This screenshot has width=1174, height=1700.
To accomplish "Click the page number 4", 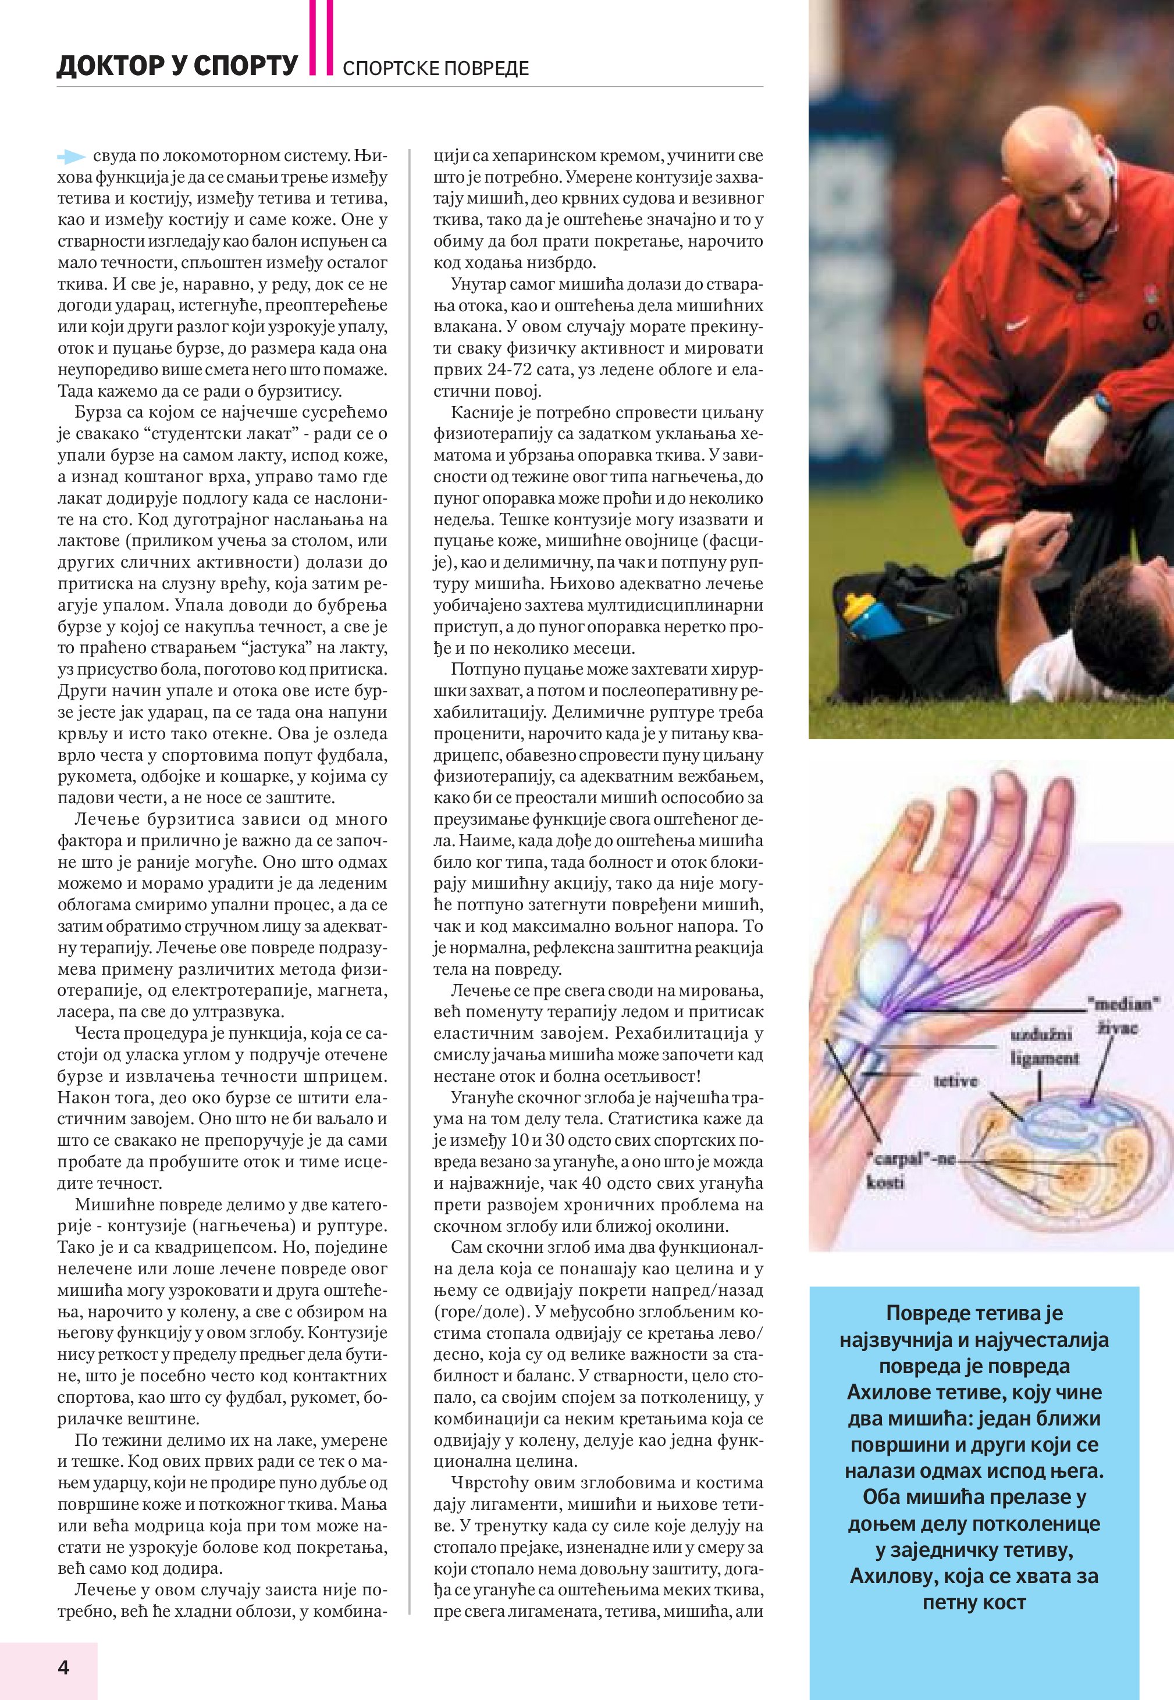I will [x=63, y=1667].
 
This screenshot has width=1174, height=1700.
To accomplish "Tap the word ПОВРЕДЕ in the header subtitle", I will [x=486, y=69].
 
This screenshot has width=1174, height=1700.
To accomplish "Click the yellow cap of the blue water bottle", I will [x=856, y=606].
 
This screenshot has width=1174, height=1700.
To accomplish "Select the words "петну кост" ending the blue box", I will [x=974, y=1603].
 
